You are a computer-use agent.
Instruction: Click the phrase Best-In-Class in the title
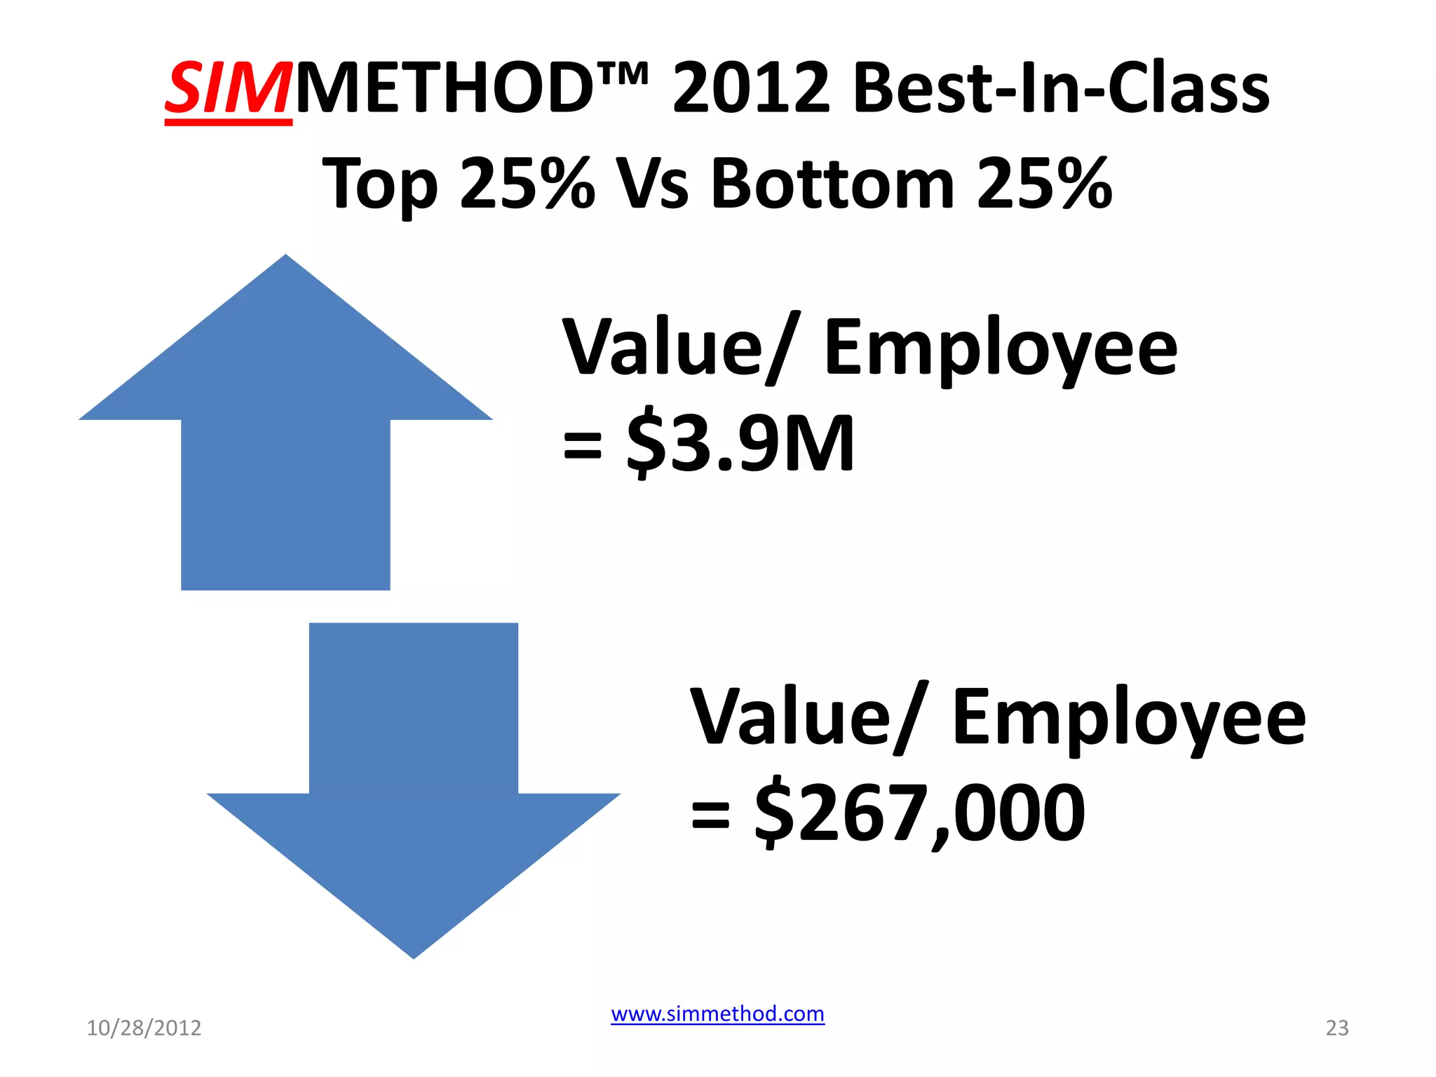pos(1061,90)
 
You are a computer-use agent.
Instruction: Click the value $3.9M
pos(740,443)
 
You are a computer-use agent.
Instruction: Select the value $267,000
pos(920,813)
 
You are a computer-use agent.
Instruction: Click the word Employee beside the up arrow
pos(1001,349)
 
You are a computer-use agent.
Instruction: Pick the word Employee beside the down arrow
pos(1129,719)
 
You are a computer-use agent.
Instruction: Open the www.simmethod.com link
pos(717,1014)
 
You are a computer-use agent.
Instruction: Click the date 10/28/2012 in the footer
pos(144,1028)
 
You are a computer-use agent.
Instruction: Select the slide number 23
pos(1336,1028)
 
